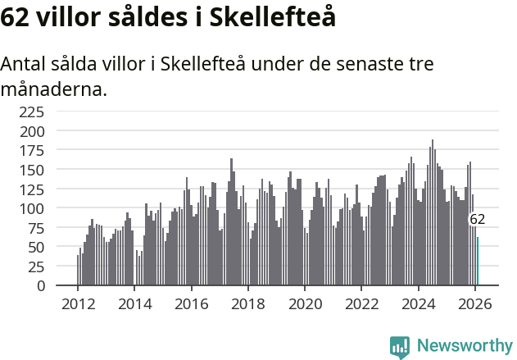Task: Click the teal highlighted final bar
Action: [478, 262]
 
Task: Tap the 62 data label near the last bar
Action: [477, 220]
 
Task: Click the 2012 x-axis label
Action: [78, 303]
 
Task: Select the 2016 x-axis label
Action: [191, 303]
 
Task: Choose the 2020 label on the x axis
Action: [305, 303]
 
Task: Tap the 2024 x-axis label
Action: [419, 303]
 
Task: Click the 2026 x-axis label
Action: [475, 303]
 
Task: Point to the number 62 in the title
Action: [16, 18]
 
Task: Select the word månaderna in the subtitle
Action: [54, 89]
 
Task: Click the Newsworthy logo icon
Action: [400, 347]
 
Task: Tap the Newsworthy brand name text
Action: [464, 346]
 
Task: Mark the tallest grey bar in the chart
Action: [433, 213]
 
